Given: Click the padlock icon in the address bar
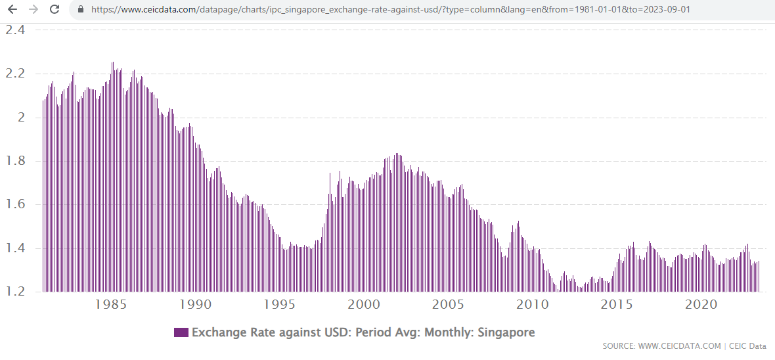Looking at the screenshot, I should (81, 10).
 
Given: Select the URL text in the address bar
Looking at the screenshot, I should (390, 10).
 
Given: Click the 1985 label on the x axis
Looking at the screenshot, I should (111, 305).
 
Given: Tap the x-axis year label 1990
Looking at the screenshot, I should (195, 305).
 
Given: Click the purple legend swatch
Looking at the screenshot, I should (181, 332).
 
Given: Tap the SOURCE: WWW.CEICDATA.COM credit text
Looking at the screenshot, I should (662, 346).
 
